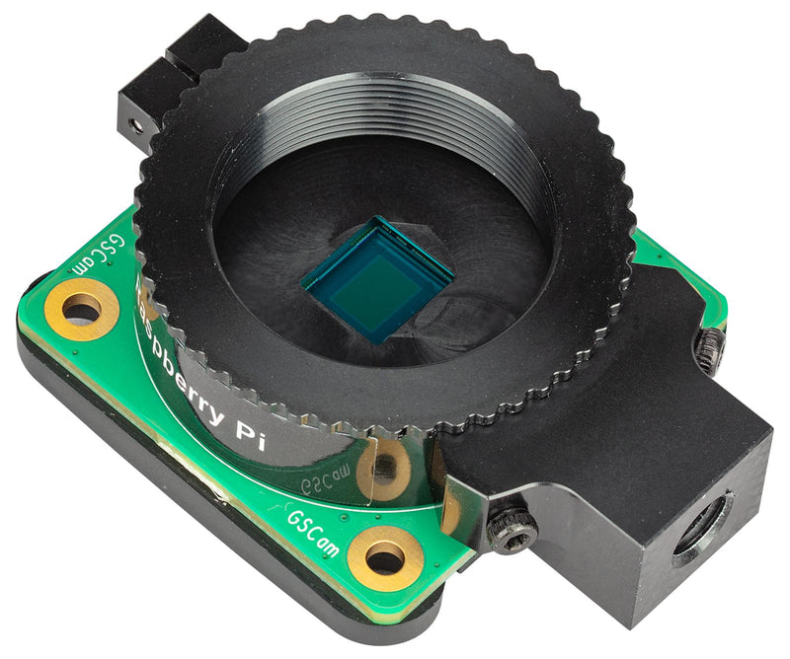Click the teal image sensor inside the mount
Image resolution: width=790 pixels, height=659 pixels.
376,277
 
